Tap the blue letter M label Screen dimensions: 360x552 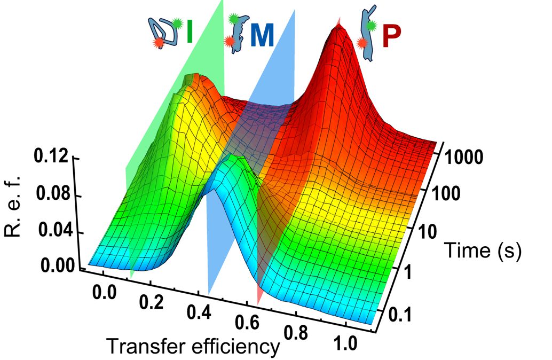(262, 36)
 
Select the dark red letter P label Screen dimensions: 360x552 (392, 38)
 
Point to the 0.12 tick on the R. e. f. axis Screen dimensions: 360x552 (50, 158)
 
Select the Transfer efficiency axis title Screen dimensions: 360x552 (193, 347)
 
